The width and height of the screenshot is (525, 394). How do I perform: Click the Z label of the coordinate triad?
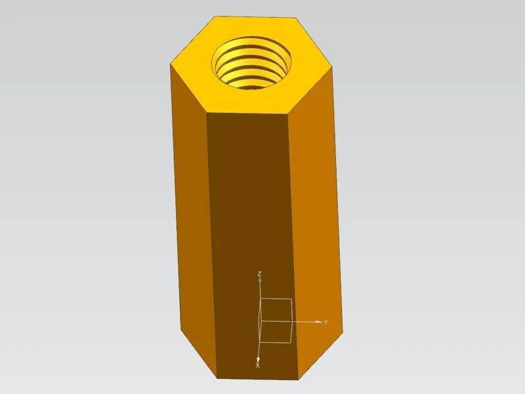pos(259,274)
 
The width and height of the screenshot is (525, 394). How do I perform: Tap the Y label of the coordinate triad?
pos(325,322)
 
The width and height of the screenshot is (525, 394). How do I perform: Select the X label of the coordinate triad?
pos(257,366)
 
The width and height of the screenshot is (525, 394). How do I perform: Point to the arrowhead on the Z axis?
pos(259,280)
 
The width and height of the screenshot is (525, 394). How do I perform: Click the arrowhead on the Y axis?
pos(319,322)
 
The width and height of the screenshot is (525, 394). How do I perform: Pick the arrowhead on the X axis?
pos(258,359)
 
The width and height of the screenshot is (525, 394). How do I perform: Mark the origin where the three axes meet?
pos(261,322)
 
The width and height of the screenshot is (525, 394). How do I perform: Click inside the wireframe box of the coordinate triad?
pos(276,320)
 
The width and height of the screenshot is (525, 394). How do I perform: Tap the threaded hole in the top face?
pos(251,63)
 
